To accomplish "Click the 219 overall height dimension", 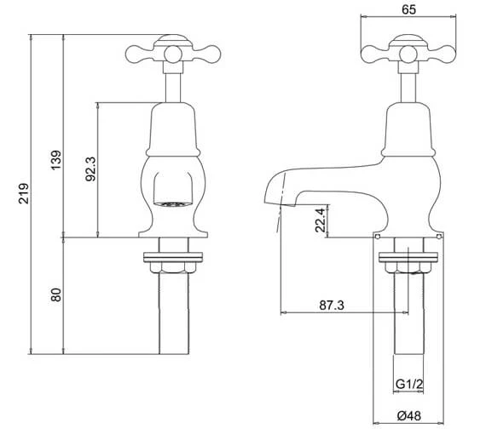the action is pos(24,194).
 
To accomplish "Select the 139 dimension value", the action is pos(56,160).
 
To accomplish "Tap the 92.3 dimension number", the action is pos(91,169).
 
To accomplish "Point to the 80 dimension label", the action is pos(56,295).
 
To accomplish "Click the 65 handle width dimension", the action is pos(408,9).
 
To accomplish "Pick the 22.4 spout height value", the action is pos(321,220).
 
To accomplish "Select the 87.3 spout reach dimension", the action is pos(332,306).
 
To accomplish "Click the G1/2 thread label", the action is pos(409,385).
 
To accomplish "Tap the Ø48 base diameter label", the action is pos(409,415).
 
